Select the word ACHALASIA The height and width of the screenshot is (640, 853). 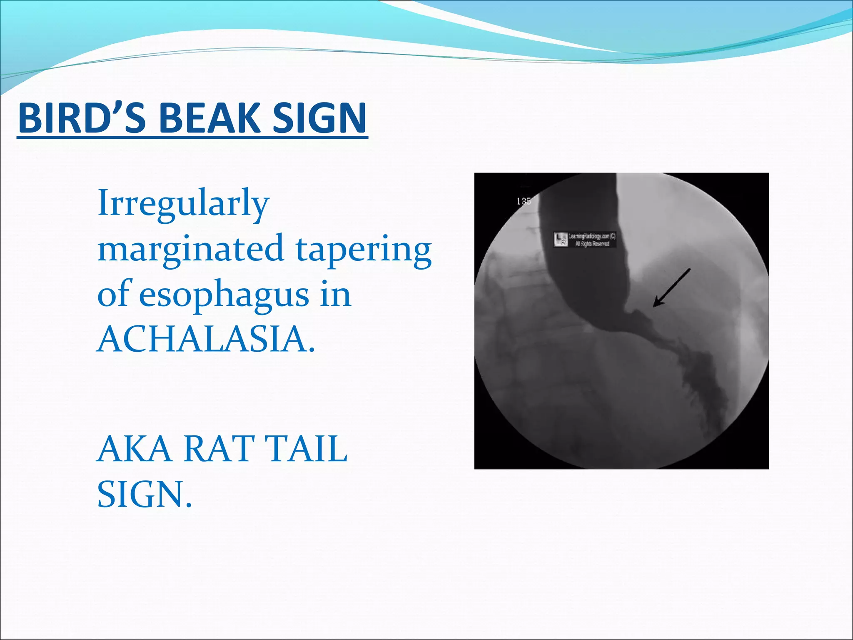point(205,339)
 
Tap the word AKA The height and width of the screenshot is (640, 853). point(134,449)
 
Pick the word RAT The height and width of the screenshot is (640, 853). point(219,449)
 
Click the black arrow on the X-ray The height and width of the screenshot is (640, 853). point(671,288)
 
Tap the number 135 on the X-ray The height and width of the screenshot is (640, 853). point(524,202)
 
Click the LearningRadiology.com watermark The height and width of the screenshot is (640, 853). point(592,236)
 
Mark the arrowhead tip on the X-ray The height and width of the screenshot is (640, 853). point(654,306)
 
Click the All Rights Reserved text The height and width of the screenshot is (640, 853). point(592,244)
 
